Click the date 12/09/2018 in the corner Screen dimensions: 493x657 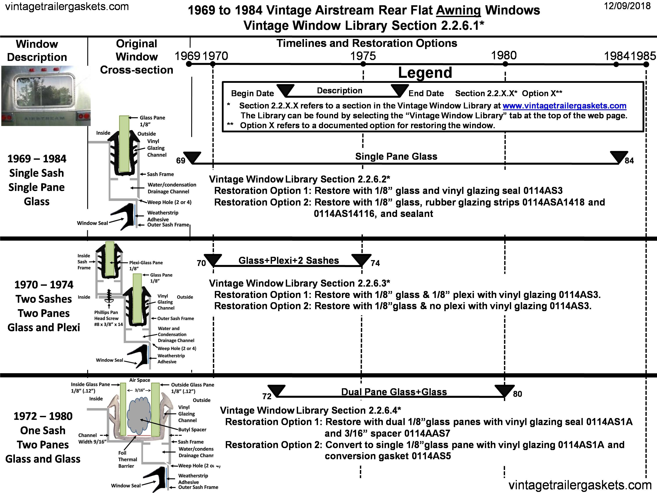point(627,6)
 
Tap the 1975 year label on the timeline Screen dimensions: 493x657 point(363,56)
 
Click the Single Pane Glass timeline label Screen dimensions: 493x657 point(396,156)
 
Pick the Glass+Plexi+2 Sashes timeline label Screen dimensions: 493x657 point(288,260)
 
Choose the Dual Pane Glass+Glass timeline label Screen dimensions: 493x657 point(394,392)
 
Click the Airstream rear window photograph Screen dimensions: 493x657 point(46,96)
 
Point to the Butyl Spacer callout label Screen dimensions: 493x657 point(192,429)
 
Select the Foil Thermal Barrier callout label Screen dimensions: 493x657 point(127,459)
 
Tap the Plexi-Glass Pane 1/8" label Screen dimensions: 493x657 point(146,265)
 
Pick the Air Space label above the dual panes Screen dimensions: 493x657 point(140,380)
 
